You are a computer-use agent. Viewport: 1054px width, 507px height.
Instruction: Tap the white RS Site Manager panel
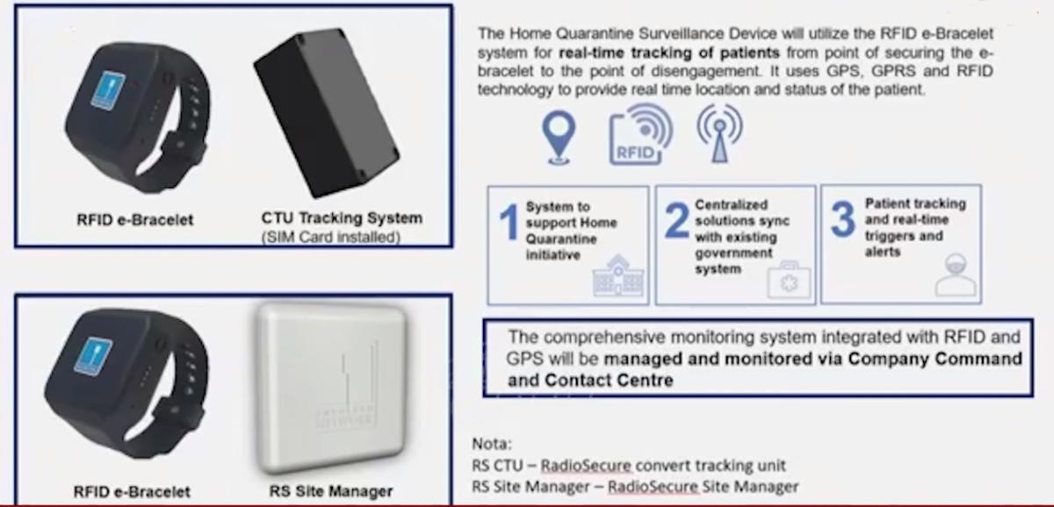[x=332, y=387]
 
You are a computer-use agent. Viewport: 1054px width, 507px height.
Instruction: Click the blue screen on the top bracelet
[x=108, y=90]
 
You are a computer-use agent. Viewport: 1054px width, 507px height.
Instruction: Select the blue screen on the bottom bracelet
[x=93, y=356]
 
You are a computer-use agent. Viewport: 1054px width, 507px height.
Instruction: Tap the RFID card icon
[x=640, y=134]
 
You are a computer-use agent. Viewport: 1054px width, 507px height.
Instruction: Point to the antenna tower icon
[x=719, y=133]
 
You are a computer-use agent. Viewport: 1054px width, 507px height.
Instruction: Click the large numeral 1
[x=509, y=222]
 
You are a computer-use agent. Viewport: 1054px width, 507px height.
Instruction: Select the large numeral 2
[x=677, y=220]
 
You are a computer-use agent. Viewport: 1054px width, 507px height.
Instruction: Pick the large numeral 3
[x=842, y=218]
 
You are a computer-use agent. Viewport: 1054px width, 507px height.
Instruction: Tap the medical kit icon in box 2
[x=789, y=280]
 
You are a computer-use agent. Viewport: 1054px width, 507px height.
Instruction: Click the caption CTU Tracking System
[x=342, y=218]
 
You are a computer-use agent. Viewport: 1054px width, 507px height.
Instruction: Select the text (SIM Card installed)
[x=331, y=238]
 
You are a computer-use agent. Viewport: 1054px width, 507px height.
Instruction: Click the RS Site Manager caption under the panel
[x=331, y=491]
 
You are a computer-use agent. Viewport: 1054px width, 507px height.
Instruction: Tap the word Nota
[x=491, y=444]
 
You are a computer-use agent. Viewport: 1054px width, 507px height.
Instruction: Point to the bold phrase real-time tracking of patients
[x=669, y=53]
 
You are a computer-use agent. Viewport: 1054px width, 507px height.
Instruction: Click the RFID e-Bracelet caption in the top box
[x=135, y=219]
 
